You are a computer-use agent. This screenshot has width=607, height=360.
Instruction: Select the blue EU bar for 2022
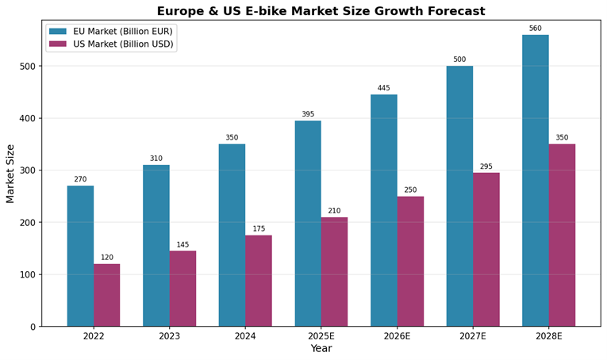point(80,255)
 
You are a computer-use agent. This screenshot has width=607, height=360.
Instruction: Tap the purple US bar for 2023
point(182,289)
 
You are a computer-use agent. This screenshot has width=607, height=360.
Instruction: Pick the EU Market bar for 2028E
point(535,181)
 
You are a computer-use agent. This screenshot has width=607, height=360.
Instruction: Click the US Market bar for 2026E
point(410,261)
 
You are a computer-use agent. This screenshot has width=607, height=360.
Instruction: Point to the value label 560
point(535,29)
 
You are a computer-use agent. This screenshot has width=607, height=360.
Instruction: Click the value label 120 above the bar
point(106,258)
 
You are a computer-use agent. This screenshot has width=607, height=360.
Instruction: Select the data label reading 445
point(383,88)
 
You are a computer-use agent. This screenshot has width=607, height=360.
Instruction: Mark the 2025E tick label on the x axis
point(321,336)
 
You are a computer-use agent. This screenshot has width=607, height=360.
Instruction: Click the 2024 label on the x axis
point(245,336)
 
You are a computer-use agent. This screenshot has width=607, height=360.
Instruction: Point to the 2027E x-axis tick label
point(473,336)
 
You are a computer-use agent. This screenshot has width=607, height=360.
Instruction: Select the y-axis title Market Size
point(10,173)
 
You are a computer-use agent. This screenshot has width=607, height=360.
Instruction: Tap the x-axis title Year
point(321,349)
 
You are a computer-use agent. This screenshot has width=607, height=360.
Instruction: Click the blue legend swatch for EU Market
point(58,31)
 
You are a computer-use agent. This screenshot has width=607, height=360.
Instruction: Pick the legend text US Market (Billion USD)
point(122,44)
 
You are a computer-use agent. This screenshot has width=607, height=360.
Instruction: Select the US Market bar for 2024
point(259,281)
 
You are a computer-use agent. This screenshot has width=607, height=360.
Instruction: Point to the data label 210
point(334,211)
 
